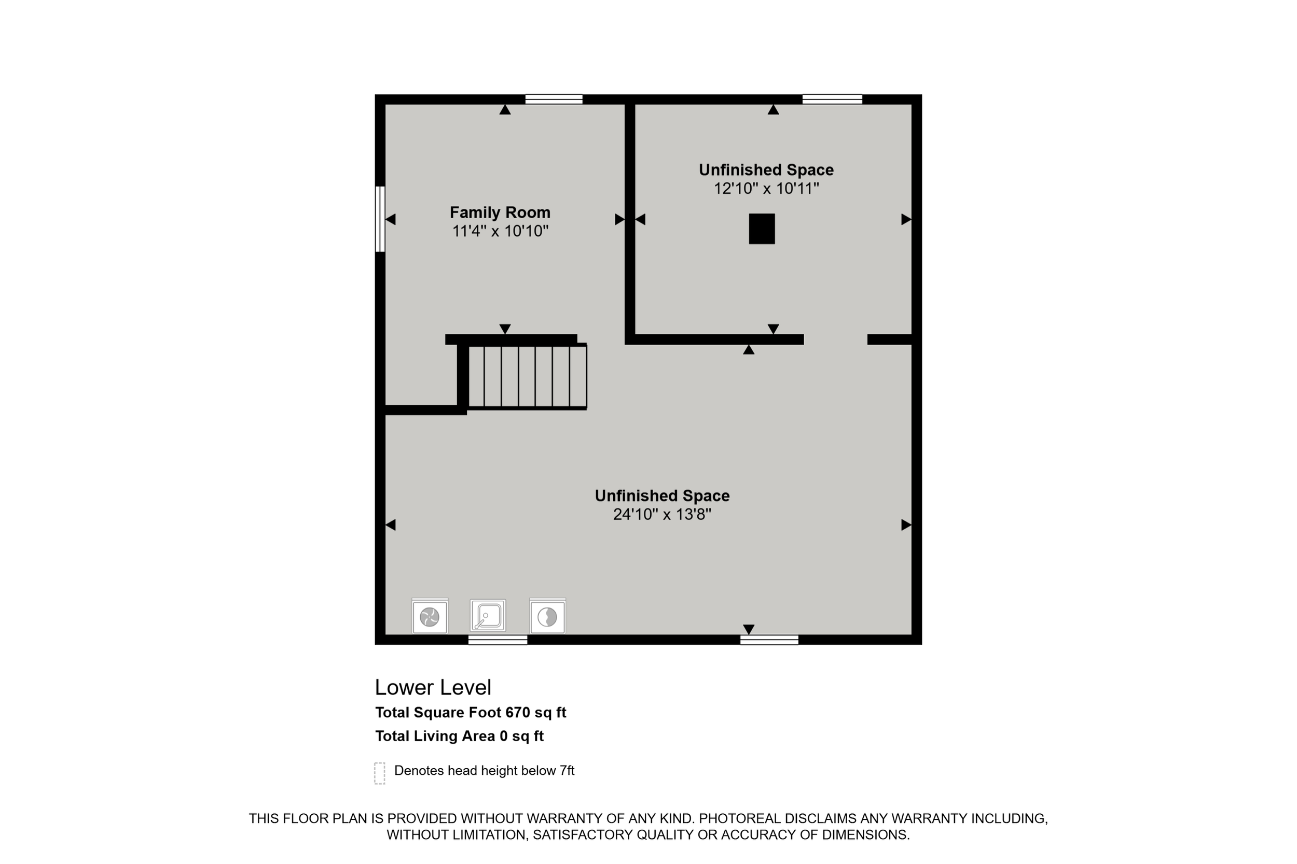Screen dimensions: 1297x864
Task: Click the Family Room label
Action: (500, 212)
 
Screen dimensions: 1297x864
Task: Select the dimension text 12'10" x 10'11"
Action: (766, 189)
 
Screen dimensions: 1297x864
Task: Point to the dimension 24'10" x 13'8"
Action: (662, 514)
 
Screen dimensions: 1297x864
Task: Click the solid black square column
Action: (762, 229)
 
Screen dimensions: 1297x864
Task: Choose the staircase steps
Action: (527, 376)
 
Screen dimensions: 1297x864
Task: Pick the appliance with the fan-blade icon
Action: (430, 616)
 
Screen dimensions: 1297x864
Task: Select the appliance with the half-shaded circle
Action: (547, 616)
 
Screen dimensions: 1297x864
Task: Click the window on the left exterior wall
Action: (380, 219)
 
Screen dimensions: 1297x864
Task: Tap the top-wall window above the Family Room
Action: (554, 99)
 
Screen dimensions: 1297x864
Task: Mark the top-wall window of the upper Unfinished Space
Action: (832, 99)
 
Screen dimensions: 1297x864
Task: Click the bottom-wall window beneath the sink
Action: (498, 640)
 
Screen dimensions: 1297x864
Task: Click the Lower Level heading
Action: (433, 687)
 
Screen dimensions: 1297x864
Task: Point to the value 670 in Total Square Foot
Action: (517, 713)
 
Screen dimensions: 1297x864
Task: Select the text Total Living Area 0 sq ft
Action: (459, 736)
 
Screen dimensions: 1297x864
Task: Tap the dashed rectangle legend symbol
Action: (379, 773)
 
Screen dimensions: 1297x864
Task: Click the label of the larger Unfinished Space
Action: (662, 496)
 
